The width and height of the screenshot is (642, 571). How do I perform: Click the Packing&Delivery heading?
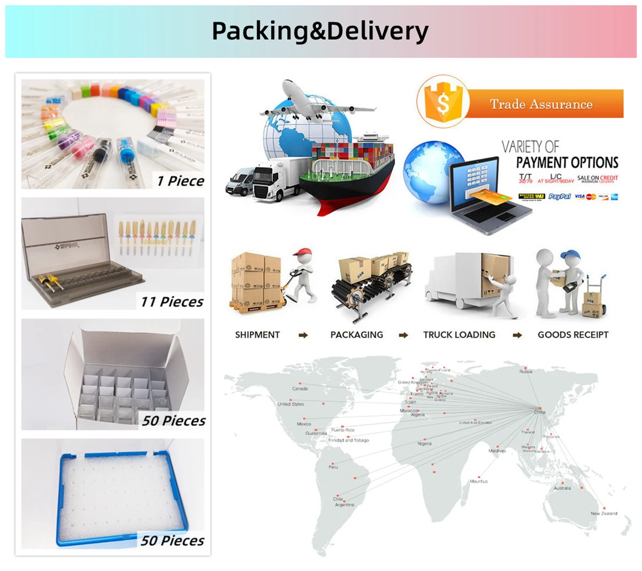320,31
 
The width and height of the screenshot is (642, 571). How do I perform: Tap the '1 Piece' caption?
180,181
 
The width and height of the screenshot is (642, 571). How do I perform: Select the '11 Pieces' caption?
172,302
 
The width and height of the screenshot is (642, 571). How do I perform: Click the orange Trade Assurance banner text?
541,104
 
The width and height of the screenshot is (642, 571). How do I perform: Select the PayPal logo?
560,197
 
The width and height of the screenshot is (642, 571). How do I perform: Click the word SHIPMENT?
257,335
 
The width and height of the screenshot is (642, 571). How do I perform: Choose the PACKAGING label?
356,335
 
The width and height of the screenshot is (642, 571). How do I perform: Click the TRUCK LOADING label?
459,335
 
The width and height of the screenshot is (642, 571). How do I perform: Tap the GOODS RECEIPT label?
573,335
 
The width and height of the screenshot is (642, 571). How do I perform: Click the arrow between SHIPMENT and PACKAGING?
303,336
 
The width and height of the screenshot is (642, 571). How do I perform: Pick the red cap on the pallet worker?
304,252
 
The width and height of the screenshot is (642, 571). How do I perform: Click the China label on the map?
540,412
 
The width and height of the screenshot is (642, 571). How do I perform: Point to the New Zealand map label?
603,513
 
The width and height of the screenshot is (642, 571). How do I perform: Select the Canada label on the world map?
300,389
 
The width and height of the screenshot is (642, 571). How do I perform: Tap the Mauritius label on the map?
479,481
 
